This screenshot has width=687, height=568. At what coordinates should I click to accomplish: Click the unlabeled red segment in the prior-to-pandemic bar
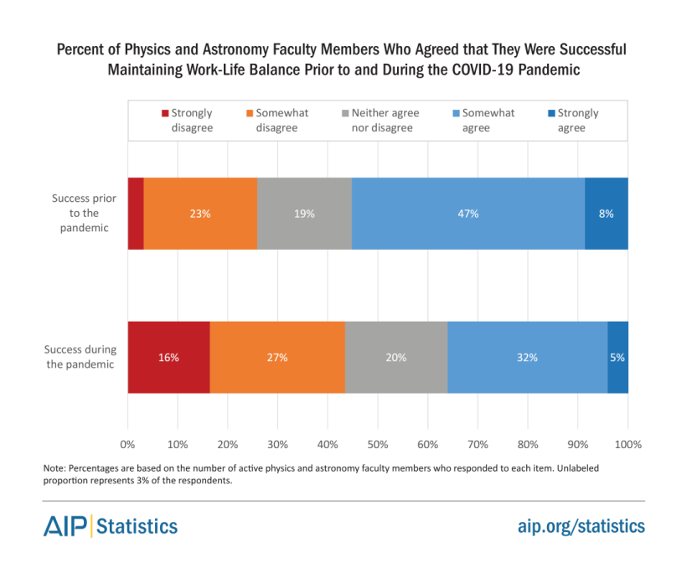click(x=136, y=214)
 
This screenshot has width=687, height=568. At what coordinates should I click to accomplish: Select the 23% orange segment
click(x=200, y=214)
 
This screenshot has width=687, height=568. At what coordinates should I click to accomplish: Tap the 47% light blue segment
click(x=467, y=214)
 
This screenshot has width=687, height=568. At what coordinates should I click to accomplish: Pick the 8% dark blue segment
click(x=607, y=214)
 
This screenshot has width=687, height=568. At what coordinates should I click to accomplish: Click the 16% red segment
click(x=168, y=357)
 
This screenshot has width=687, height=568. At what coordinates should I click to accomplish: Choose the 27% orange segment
click(x=277, y=357)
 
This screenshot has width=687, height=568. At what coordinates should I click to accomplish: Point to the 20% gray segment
click(x=396, y=357)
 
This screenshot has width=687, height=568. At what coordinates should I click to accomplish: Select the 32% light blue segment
click(x=527, y=357)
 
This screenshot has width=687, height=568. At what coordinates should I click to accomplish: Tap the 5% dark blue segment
click(x=618, y=357)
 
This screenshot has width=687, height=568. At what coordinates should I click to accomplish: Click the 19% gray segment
click(x=304, y=214)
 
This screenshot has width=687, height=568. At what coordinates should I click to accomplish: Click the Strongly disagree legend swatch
click(x=165, y=113)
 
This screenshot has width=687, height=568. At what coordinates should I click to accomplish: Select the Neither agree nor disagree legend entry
click(x=385, y=120)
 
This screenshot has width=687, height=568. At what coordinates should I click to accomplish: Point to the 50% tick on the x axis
click(x=378, y=444)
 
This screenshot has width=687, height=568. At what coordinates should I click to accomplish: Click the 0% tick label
click(x=127, y=444)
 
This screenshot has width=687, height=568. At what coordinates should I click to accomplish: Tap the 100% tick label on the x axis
click(x=628, y=444)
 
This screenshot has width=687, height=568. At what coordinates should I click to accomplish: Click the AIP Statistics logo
click(x=111, y=526)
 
